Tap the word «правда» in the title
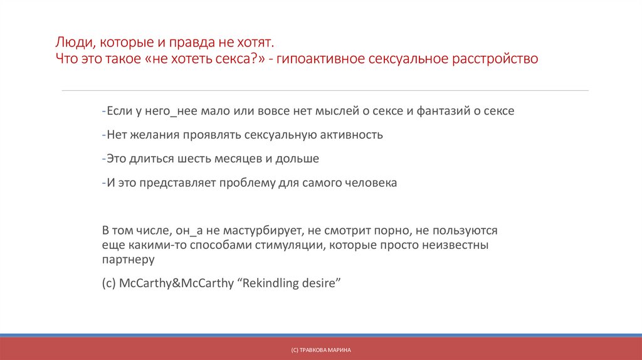pos(190,43)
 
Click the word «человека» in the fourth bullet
pos(371,183)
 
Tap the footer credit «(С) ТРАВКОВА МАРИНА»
pos(321,349)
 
